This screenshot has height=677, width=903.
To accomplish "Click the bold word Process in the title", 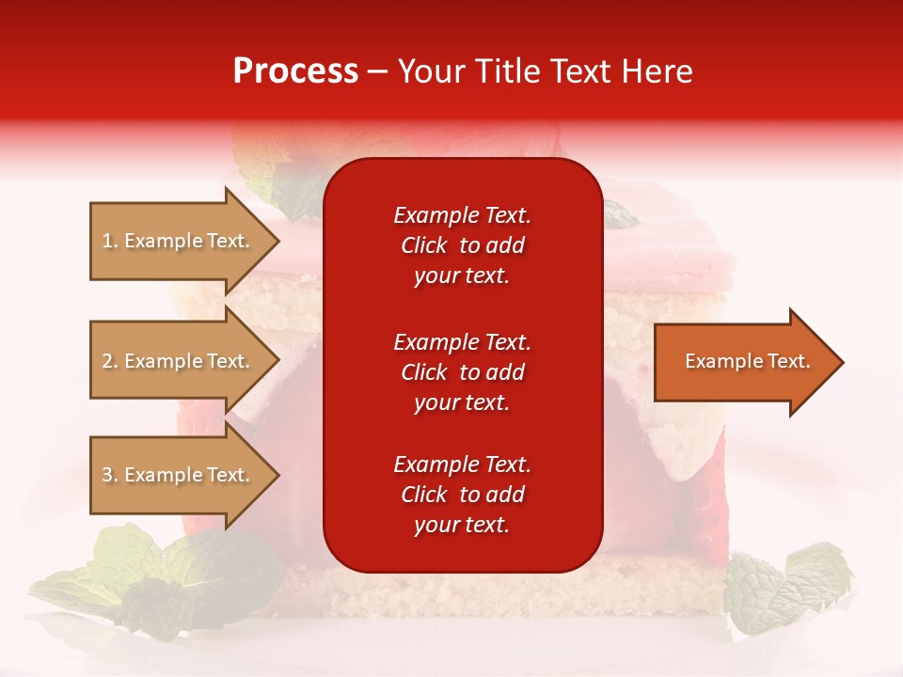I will point(295,71).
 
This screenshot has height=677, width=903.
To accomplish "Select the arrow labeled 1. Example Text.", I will point(179,241).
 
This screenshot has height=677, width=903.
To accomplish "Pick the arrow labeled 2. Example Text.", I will point(179,361).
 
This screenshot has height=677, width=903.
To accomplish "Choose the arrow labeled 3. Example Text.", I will point(179,475).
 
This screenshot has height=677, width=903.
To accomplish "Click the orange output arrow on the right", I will point(743,362).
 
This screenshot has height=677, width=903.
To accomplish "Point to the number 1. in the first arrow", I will point(110,241).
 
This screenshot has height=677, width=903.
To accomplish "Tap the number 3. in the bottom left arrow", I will point(110,475).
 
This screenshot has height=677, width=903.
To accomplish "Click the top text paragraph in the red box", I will point(462,245).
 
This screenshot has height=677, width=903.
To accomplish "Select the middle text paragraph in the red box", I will point(462,372).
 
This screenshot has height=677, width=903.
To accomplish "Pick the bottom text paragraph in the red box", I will point(462,495).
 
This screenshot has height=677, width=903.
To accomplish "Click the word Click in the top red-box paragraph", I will point(423,245).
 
